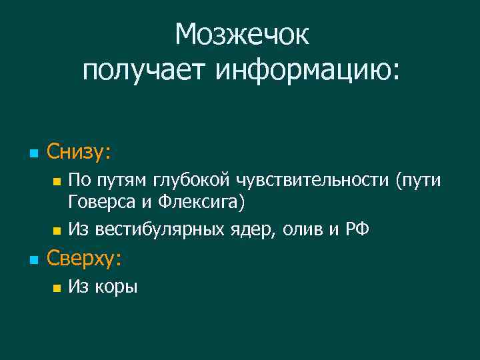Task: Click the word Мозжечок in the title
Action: click(242, 35)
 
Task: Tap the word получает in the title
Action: click(144, 70)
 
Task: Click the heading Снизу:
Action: click(79, 153)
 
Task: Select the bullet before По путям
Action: click(57, 181)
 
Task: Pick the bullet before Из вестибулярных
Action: click(57, 231)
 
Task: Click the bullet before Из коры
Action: click(57, 288)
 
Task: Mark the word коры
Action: click(117, 287)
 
